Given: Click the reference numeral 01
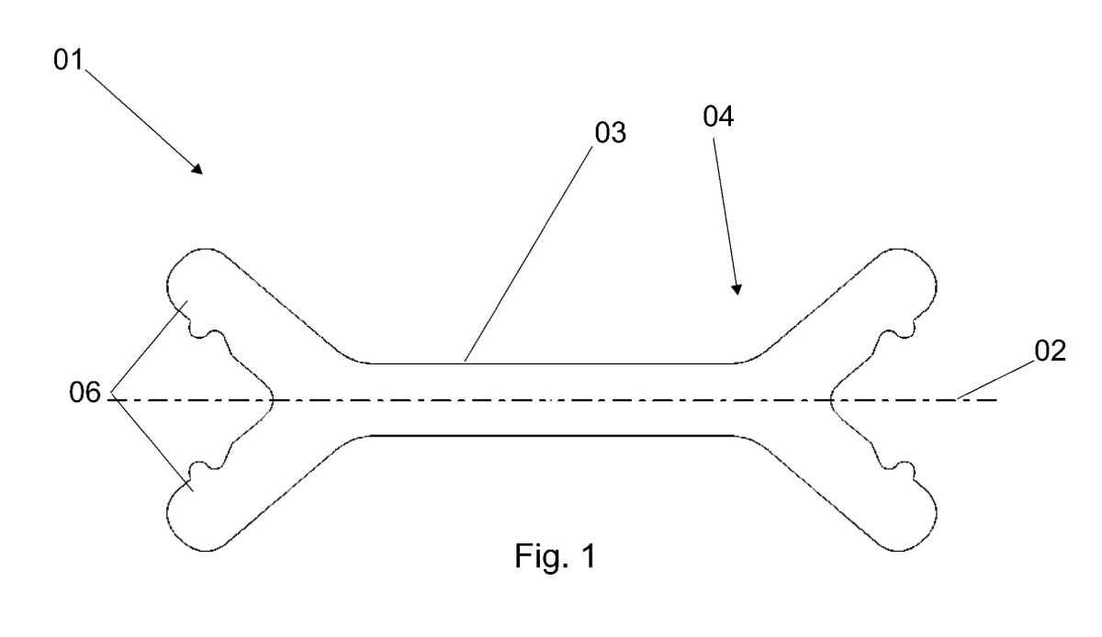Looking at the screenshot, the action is point(68,60).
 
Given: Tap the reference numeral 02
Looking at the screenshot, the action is point(1050,352).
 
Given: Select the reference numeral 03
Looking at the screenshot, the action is point(610,132).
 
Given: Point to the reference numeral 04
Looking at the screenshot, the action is point(718,117).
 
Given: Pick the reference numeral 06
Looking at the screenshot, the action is point(84,392).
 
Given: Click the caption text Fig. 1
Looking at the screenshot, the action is point(555,556).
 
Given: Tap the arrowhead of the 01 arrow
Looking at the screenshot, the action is point(197,169).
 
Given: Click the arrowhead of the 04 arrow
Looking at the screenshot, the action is point(737,289).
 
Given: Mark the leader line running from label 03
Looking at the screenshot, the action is point(528,254).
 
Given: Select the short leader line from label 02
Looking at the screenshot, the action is point(995,381).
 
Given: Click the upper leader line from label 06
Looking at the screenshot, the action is point(150,347).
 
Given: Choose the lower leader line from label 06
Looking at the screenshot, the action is point(152,441).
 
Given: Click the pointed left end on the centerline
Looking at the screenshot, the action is point(272,400).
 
